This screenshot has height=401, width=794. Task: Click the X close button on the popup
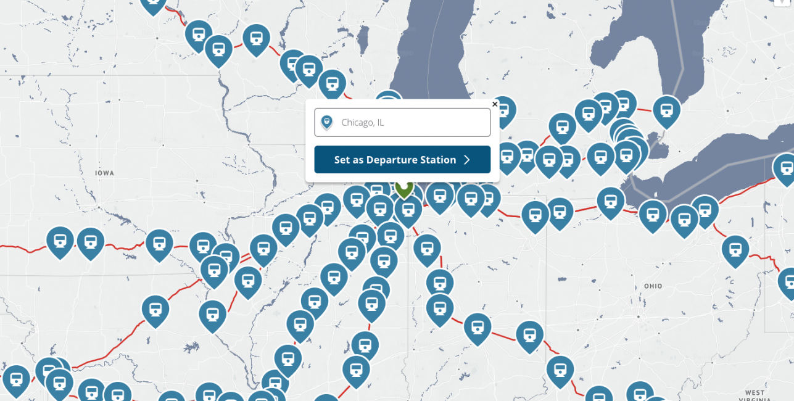click(x=495, y=104)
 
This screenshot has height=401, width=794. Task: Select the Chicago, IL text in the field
click(x=363, y=123)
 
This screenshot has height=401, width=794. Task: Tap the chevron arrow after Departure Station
click(x=467, y=160)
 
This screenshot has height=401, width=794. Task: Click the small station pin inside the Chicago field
click(x=327, y=122)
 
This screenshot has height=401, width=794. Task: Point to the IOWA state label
click(x=104, y=173)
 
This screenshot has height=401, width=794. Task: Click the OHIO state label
click(x=653, y=286)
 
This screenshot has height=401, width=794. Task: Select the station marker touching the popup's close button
click(x=503, y=110)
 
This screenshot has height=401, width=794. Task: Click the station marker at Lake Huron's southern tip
click(x=666, y=110)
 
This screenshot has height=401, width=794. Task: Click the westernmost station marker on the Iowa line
click(x=60, y=239)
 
